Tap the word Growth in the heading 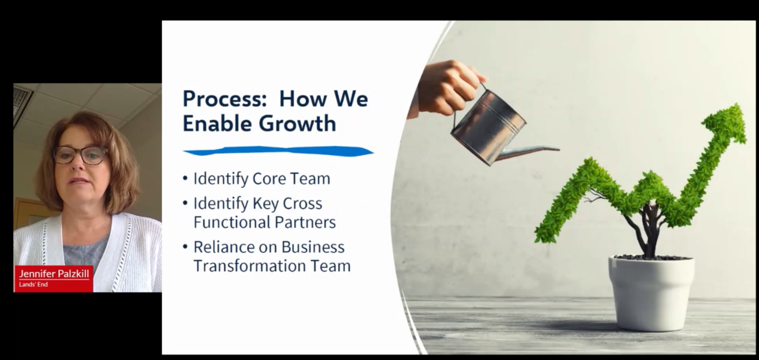tap(298, 123)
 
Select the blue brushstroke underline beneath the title tap(278, 151)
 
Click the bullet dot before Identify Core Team tap(185, 178)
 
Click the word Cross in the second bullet tap(302, 203)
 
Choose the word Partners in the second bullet tap(305, 222)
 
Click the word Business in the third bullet tap(313, 247)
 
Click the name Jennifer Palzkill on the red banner tap(54, 273)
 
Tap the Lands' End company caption tap(33, 285)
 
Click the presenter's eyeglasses tap(81, 155)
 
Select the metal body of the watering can tap(488, 127)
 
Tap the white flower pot tap(652, 293)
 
